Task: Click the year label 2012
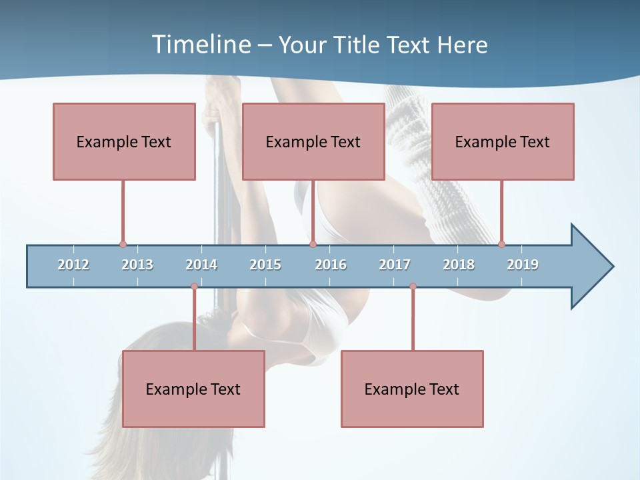click(x=73, y=265)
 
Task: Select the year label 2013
click(x=137, y=265)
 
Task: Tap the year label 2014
click(x=201, y=265)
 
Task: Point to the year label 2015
click(x=265, y=265)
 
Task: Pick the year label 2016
click(x=331, y=265)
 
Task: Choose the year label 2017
click(x=395, y=265)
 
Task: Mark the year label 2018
click(x=459, y=265)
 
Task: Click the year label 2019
click(x=523, y=265)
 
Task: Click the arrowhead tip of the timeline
click(x=612, y=267)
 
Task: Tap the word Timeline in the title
click(x=201, y=45)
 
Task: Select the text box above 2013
click(x=124, y=141)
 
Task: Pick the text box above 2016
click(x=313, y=141)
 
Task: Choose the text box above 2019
click(x=503, y=141)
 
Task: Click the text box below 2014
click(x=193, y=389)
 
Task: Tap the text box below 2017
click(x=412, y=389)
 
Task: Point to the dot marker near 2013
click(x=123, y=245)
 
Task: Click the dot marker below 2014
click(x=194, y=287)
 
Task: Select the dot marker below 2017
click(x=413, y=287)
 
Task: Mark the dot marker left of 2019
click(x=501, y=245)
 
